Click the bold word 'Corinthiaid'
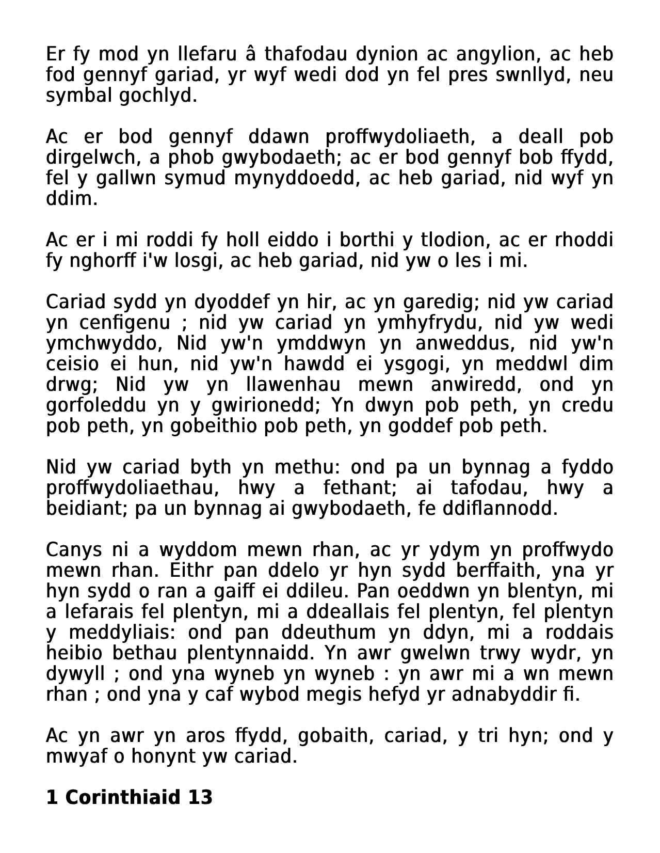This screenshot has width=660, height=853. pyautogui.click(x=122, y=798)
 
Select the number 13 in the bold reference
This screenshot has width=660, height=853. pyautogui.click(x=200, y=798)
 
